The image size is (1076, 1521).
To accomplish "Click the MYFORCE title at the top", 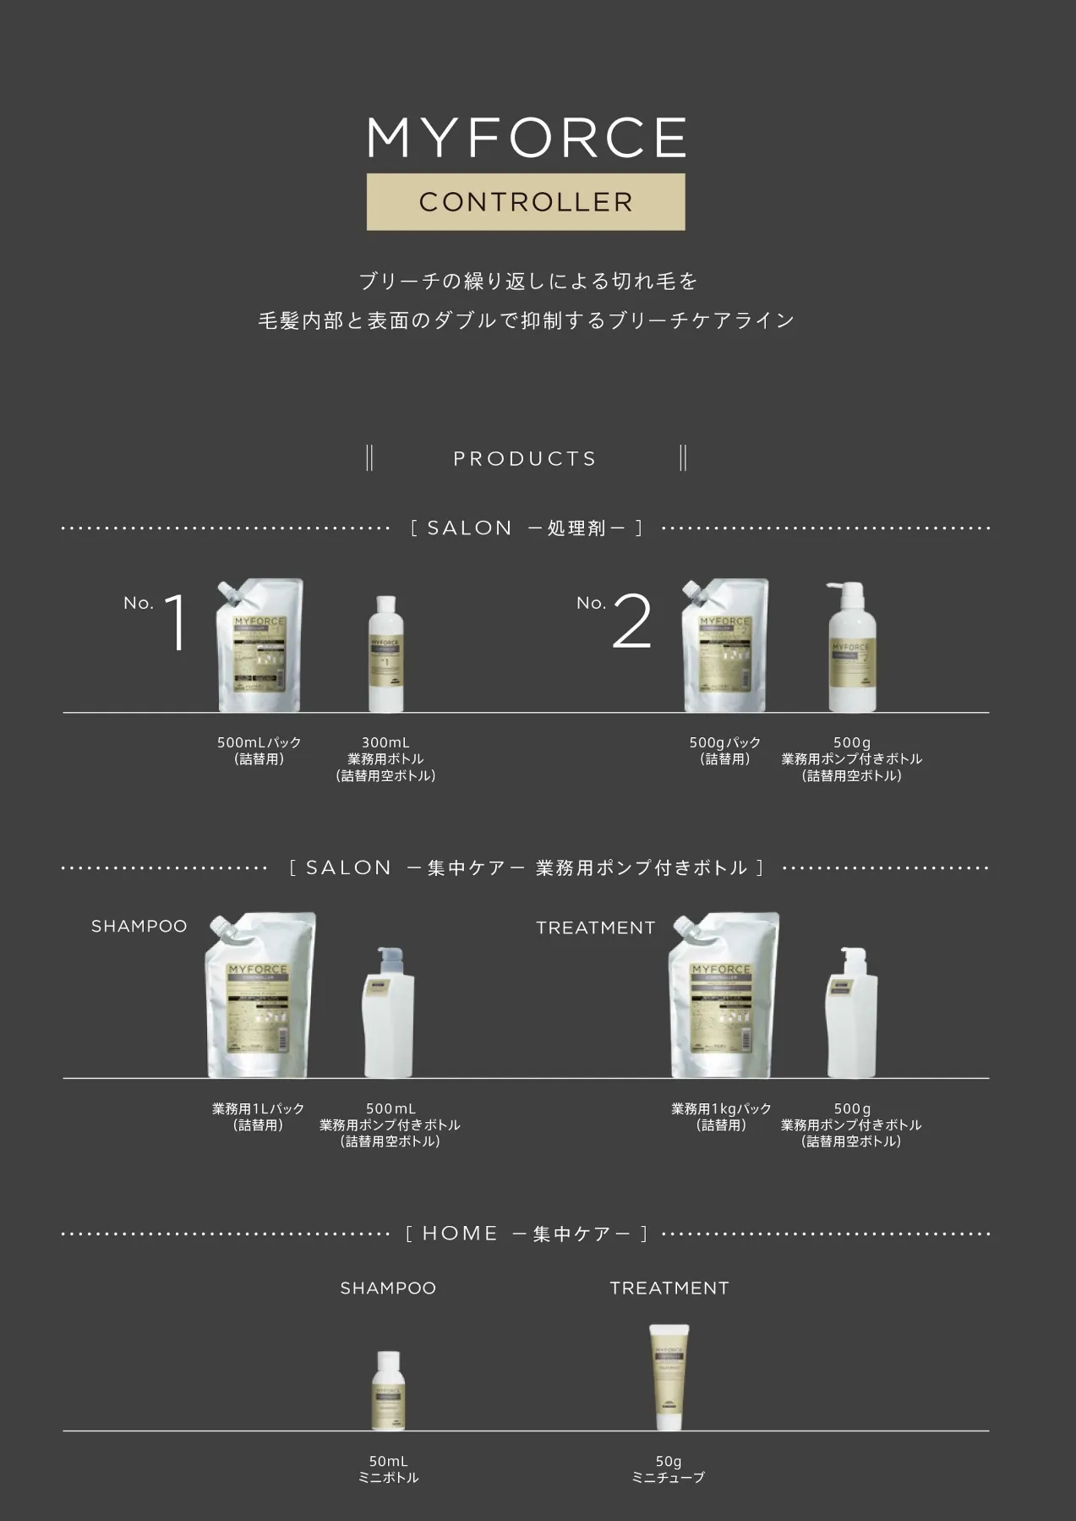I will pos(526,138).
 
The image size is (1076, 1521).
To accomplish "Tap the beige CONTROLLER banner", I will pos(526,202).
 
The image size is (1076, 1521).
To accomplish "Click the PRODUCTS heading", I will pos(525,459).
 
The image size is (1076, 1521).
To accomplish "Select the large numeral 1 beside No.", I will pos(176,623).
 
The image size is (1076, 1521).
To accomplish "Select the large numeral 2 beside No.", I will pos(631,623).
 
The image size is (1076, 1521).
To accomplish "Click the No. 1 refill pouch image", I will pos(259,646).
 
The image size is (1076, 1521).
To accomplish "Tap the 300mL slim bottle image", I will pos(385,654).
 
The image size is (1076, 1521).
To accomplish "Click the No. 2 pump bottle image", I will pos(851,648).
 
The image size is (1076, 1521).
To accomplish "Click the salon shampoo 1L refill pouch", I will pos(260,995).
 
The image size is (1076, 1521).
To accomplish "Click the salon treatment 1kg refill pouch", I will pos(723,995).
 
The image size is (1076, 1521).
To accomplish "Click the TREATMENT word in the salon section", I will pos(595,928).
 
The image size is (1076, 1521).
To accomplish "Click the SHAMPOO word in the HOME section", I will pos(388,1288).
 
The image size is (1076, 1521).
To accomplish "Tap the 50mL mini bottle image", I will pos(388,1391).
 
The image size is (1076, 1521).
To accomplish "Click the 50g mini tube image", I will pos(669,1376).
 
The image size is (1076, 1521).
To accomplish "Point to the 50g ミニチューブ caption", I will pos(668,1469).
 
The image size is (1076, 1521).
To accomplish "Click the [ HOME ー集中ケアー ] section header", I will pos(526,1234).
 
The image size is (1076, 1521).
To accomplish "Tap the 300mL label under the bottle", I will pos(385,742).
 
